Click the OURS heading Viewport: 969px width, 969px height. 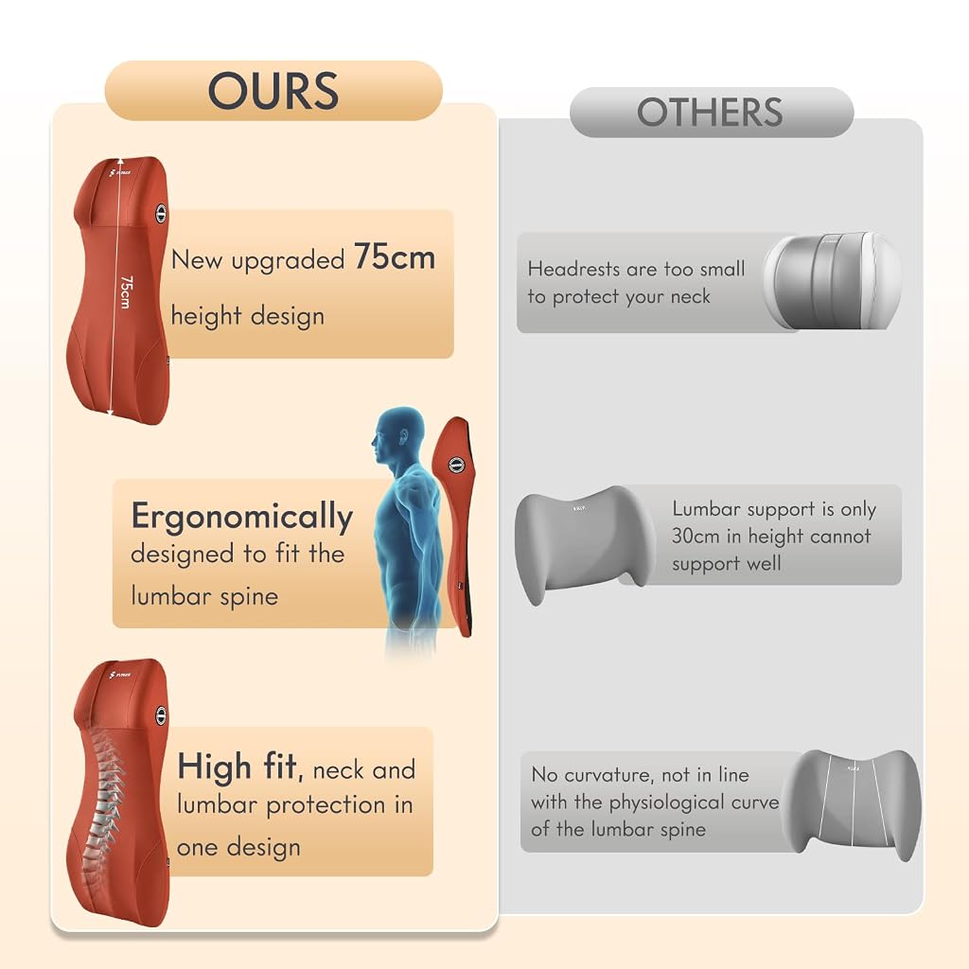pyautogui.click(x=273, y=90)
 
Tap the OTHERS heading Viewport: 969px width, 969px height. pyautogui.click(x=710, y=112)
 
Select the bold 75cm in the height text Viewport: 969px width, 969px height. pyautogui.click(x=395, y=256)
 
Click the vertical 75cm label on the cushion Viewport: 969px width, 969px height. pyautogui.click(x=126, y=291)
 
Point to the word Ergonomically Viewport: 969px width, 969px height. pyautogui.click(x=241, y=517)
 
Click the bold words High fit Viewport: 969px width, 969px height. pyautogui.click(x=238, y=766)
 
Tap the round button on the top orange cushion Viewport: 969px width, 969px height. pyautogui.click(x=161, y=213)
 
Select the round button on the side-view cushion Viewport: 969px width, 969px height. pyautogui.click(x=456, y=466)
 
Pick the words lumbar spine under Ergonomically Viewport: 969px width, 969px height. pyautogui.click(x=204, y=596)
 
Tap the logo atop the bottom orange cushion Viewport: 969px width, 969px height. pyautogui.click(x=119, y=674)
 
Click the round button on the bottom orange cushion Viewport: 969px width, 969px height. pyautogui.click(x=161, y=715)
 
